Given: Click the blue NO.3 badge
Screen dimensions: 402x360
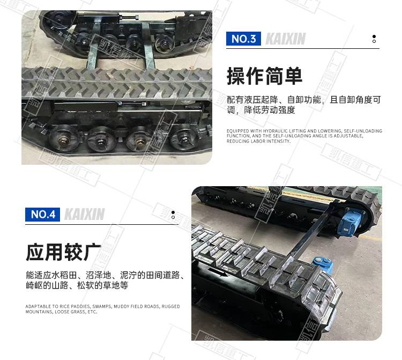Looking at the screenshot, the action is click(243, 39).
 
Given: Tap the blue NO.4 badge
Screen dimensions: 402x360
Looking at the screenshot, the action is click(42, 214).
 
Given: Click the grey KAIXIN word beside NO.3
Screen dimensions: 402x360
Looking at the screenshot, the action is click(285, 39).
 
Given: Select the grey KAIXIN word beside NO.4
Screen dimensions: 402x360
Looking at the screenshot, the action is click(84, 215).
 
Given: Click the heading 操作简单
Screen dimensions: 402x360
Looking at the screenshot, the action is click(264, 76).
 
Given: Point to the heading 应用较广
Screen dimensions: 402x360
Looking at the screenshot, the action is click(63, 252).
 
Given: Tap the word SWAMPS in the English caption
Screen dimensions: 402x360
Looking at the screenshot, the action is click(101, 306).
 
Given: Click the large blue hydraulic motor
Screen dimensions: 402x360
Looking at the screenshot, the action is click(350, 223).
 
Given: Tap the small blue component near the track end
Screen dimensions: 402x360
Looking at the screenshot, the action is click(323, 265).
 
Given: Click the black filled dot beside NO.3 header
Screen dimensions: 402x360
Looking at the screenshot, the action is click(374, 36).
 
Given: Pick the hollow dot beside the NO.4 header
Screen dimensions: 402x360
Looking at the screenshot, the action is click(173, 217).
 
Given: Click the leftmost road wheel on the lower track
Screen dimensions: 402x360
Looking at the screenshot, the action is click(63, 138).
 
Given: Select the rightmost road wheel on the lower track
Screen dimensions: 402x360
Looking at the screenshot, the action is click(184, 137).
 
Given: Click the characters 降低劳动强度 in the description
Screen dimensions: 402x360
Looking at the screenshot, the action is click(270, 110).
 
